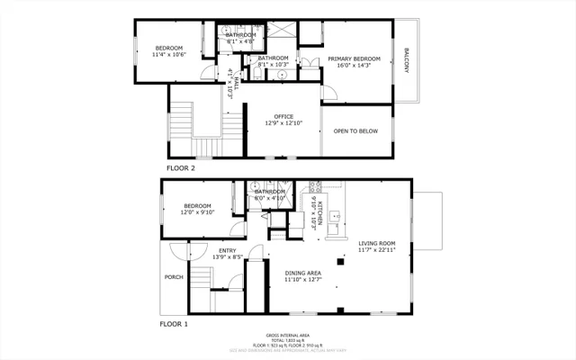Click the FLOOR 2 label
[181, 167]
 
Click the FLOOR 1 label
[174, 322]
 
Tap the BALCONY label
[408, 61]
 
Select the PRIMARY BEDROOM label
[354, 58]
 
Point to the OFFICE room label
[284, 116]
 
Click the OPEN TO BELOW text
[356, 131]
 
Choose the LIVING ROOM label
[377, 243]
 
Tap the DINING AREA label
[303, 273]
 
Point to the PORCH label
[174, 276]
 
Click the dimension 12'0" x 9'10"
[198, 212]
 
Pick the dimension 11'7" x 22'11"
[377, 251]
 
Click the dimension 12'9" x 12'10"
[284, 123]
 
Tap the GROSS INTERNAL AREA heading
[288, 333]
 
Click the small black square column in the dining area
[340, 262]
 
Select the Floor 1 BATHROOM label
[270, 192]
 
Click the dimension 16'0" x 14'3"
[354, 66]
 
